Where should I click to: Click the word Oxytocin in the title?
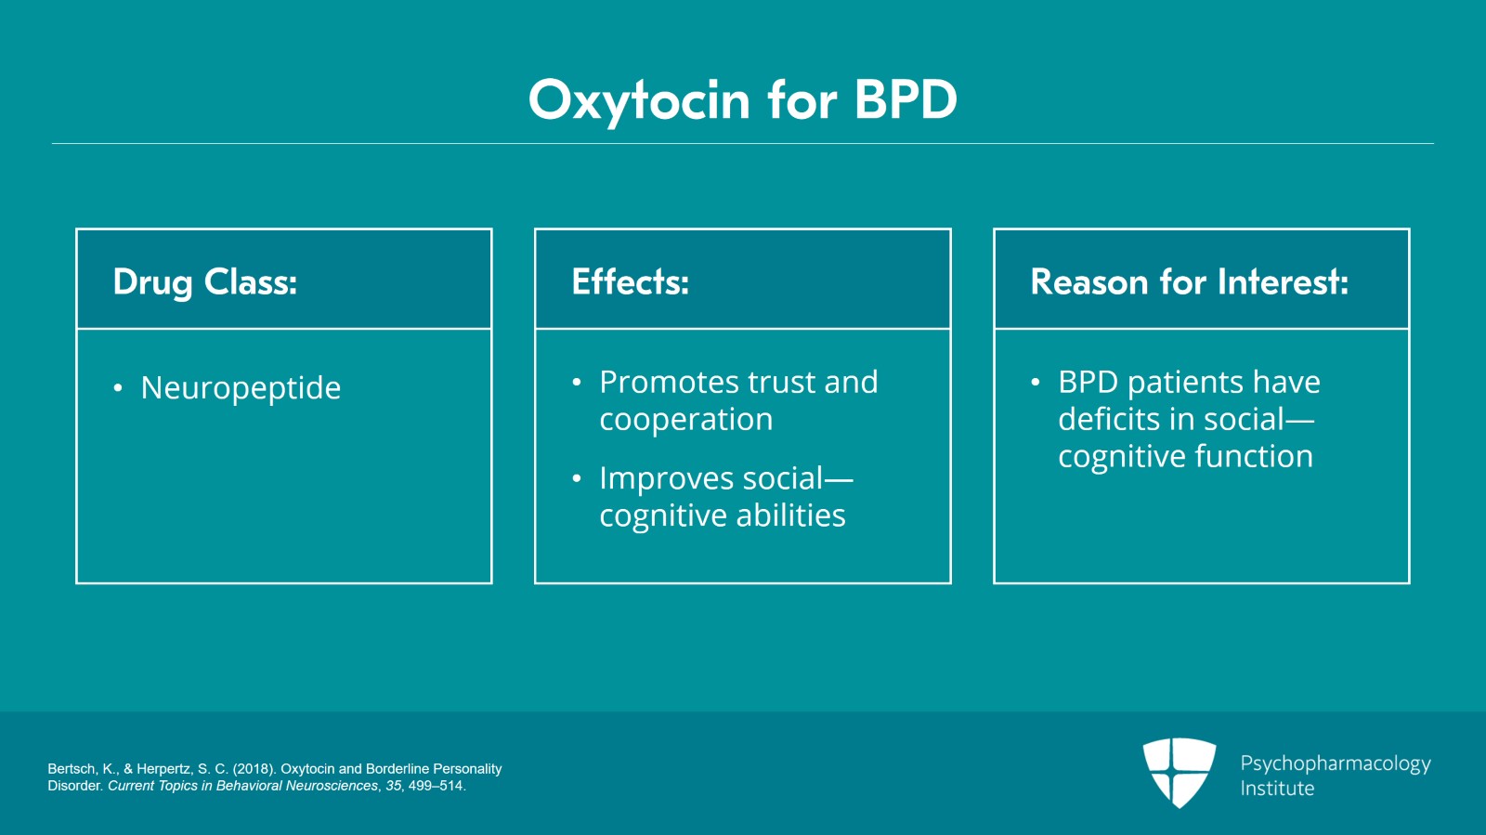click(639, 100)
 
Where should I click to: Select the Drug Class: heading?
click(205, 281)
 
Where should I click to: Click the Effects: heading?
click(631, 281)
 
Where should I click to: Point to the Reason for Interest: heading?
click(1189, 281)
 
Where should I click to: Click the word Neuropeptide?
click(241, 388)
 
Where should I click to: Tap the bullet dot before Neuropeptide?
click(118, 388)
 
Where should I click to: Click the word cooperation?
click(685, 420)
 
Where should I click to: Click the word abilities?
click(797, 515)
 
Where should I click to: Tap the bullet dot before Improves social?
click(577, 479)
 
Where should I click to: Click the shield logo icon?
click(1179, 772)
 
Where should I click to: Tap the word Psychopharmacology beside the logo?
click(1336, 763)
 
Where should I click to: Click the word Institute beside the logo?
click(1277, 789)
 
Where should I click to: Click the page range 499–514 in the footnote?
click(436, 786)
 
